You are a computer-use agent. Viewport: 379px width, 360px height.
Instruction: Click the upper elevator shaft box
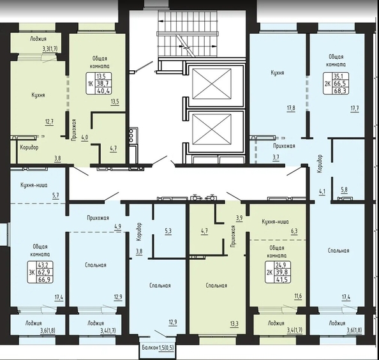click(x=211, y=84)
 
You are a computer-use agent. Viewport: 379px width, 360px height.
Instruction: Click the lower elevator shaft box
click(x=211, y=130)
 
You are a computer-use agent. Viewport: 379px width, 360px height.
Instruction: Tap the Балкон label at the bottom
click(x=151, y=348)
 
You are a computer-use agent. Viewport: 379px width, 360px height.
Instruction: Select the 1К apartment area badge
click(x=99, y=84)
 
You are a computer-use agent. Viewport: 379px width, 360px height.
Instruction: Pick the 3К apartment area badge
click(x=40, y=273)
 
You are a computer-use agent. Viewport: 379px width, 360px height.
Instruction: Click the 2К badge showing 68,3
click(x=336, y=84)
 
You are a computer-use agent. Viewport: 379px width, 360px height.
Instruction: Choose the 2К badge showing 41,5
click(x=278, y=273)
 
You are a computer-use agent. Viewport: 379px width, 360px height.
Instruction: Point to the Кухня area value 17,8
click(x=291, y=109)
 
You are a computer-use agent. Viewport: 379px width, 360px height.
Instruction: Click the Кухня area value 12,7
click(x=49, y=122)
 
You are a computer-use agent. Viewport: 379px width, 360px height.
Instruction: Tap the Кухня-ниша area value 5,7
click(x=56, y=195)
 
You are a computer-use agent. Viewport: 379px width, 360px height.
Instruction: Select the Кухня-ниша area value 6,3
click(x=294, y=231)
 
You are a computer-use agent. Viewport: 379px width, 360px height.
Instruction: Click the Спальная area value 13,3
click(x=234, y=324)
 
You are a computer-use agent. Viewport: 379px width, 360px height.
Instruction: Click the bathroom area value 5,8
click(x=344, y=190)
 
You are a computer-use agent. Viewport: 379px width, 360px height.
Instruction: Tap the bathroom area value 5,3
click(x=168, y=231)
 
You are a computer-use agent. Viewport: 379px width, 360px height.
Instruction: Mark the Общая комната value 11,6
click(x=298, y=296)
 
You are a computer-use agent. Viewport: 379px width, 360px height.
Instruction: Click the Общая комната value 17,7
click(x=355, y=109)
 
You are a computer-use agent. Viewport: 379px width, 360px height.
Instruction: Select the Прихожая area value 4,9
click(x=118, y=227)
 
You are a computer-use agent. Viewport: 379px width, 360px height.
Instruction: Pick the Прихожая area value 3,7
click(x=276, y=158)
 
